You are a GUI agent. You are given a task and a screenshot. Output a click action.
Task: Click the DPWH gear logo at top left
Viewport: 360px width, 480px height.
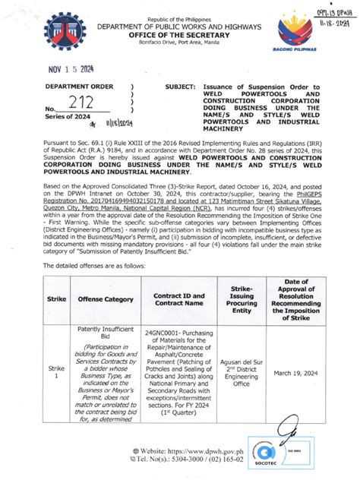coord(64,35)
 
